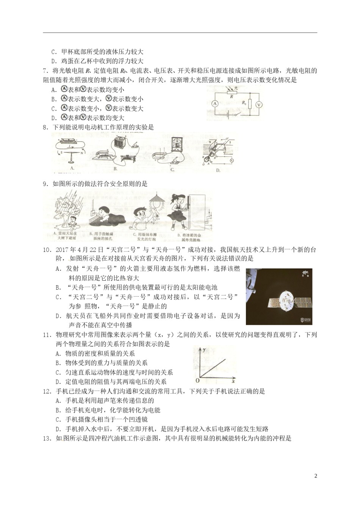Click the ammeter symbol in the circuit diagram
[214, 103]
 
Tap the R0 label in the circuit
[244, 102]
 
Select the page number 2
[316, 476]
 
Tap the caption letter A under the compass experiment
[71, 168]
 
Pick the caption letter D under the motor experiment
[218, 170]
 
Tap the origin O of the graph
[197, 380]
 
